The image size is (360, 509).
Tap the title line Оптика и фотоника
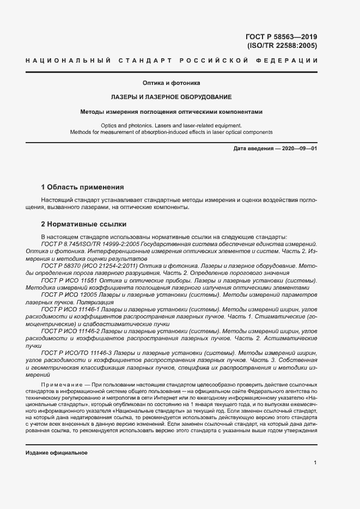point(172,83)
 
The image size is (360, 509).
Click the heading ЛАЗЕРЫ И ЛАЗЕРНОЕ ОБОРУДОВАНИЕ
point(172,97)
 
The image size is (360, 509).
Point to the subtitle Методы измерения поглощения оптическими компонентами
point(172,112)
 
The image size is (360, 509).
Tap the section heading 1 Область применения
point(83,187)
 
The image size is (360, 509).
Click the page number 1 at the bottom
point(315,463)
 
